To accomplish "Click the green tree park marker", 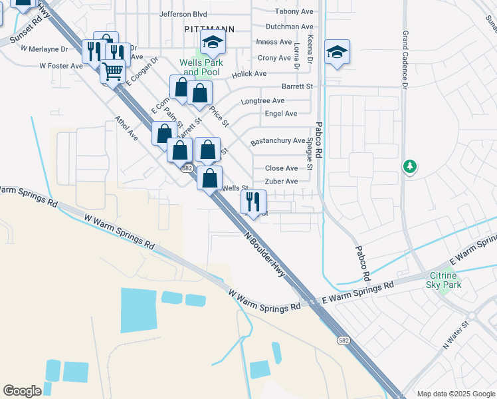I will click(411, 166).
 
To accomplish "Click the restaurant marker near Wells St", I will click(253, 201).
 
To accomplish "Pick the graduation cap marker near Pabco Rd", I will click(337, 53).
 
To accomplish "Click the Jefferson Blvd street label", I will click(183, 14).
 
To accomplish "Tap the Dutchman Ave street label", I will click(289, 27).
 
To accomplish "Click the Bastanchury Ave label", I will click(278, 142).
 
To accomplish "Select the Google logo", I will click(22, 391).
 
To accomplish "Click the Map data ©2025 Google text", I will click(455, 394).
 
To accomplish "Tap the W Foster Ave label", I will click(61, 66).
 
